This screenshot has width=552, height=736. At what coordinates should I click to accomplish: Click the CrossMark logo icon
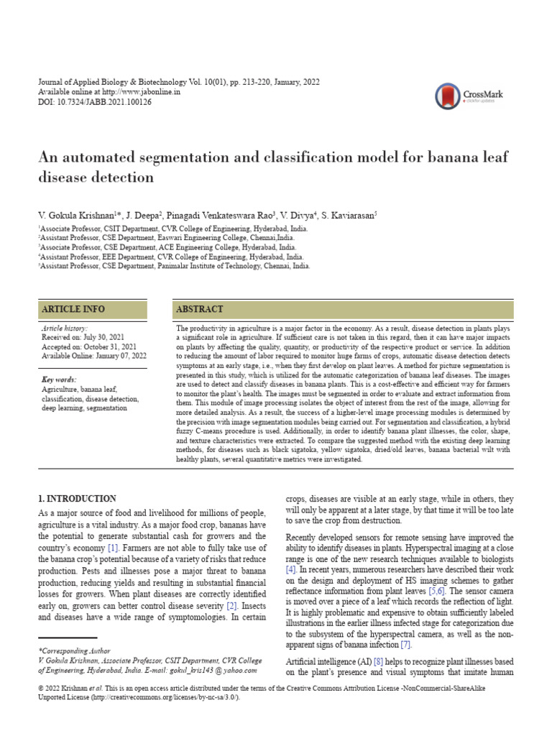[x=448, y=96]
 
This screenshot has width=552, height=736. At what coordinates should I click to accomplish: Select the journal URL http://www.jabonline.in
[x=142, y=93]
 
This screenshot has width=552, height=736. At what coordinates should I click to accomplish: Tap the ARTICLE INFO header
[x=73, y=309]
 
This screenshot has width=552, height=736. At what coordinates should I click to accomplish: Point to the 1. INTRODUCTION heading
[x=77, y=499]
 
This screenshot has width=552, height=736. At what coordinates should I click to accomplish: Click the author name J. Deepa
[x=141, y=215]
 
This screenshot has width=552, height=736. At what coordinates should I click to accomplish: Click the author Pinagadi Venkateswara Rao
[x=217, y=215]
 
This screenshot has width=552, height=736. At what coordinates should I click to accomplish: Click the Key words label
[x=59, y=379]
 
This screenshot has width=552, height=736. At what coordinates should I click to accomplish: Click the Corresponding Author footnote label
[x=70, y=649]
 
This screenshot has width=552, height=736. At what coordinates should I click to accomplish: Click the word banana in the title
[x=411, y=157]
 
